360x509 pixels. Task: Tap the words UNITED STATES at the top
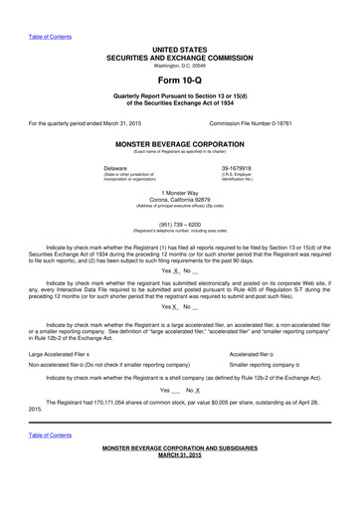179,49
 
